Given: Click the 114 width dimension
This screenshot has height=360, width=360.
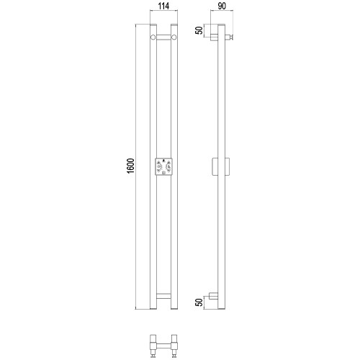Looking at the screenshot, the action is click(x=163, y=6).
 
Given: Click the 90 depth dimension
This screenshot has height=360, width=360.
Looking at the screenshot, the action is click(x=222, y=6).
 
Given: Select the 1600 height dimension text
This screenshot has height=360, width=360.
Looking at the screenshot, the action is click(x=131, y=166).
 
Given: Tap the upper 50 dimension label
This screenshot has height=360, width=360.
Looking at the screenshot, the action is click(x=199, y=30).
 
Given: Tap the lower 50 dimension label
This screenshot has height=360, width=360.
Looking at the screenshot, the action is click(x=199, y=302).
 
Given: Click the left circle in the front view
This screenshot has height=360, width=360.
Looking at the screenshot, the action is click(x=153, y=37).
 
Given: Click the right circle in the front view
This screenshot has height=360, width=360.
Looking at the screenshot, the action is click(x=174, y=37).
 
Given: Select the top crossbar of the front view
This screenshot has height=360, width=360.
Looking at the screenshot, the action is click(x=163, y=37).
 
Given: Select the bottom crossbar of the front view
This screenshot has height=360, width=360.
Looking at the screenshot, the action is click(x=163, y=296).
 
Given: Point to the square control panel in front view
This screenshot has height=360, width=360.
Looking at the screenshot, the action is click(x=163, y=166).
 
